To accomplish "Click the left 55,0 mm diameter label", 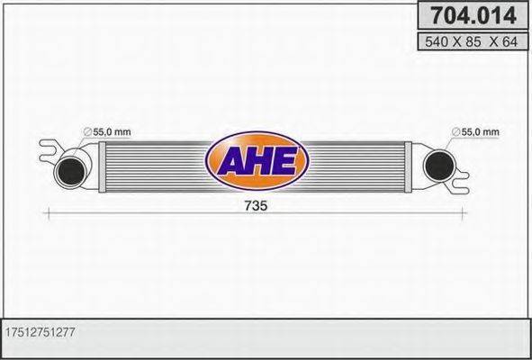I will pyautogui.click(x=112, y=132).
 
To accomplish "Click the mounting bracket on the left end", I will pyautogui.click(x=50, y=146).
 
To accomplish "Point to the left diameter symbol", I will pyautogui.click(x=87, y=133).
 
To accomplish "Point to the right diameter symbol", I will pyautogui.click(x=455, y=133).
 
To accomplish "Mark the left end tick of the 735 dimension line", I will pyautogui.click(x=47, y=212).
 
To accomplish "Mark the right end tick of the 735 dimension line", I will pyautogui.click(x=464, y=212).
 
